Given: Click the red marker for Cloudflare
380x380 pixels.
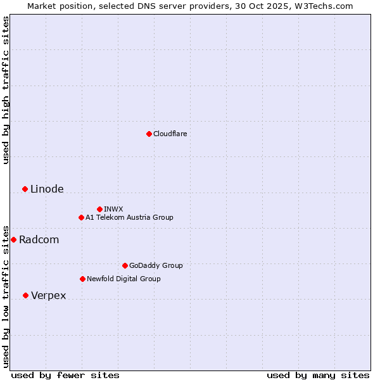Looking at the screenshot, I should [x=149, y=134].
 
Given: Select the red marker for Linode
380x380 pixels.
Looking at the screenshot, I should [x=25, y=189].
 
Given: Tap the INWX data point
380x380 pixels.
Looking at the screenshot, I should [x=99, y=209].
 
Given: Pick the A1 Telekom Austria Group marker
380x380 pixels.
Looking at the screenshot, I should [x=81, y=217].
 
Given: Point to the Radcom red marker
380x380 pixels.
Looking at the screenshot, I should [x=13, y=239].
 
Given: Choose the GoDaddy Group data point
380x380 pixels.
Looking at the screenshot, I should [x=125, y=265].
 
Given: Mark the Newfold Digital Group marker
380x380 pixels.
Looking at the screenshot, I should [x=82, y=279].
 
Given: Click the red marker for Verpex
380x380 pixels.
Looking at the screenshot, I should [x=25, y=295].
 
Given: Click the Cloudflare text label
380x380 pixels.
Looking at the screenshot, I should [x=170, y=134].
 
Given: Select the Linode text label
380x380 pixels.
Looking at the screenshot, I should [x=47, y=189].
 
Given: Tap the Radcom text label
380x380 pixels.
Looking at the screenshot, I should [x=39, y=239].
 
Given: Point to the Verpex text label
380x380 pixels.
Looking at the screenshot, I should [x=48, y=295].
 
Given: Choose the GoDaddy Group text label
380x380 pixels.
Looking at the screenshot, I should [x=155, y=265].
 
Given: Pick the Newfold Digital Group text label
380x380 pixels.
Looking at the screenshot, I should [x=123, y=279].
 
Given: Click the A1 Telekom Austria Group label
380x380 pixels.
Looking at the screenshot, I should [x=129, y=217].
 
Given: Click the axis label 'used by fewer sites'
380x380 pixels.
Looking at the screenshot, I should [x=65, y=375].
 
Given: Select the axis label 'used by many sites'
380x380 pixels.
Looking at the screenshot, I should [x=318, y=375].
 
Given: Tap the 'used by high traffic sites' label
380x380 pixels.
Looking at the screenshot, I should [x=6, y=90].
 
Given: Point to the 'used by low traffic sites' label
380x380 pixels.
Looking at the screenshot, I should [x=6, y=296].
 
